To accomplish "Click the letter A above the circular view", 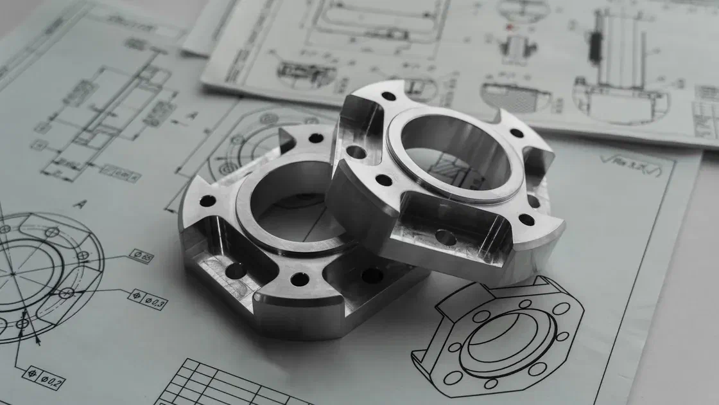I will point(80,204).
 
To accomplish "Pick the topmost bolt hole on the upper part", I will point(388,96).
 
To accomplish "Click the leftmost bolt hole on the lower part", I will point(207,201).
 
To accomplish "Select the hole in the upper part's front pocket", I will point(446,237).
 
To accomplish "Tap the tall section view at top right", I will point(619,64).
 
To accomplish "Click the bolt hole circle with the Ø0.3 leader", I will point(66,292).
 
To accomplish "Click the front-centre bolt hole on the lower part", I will point(299,279).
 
